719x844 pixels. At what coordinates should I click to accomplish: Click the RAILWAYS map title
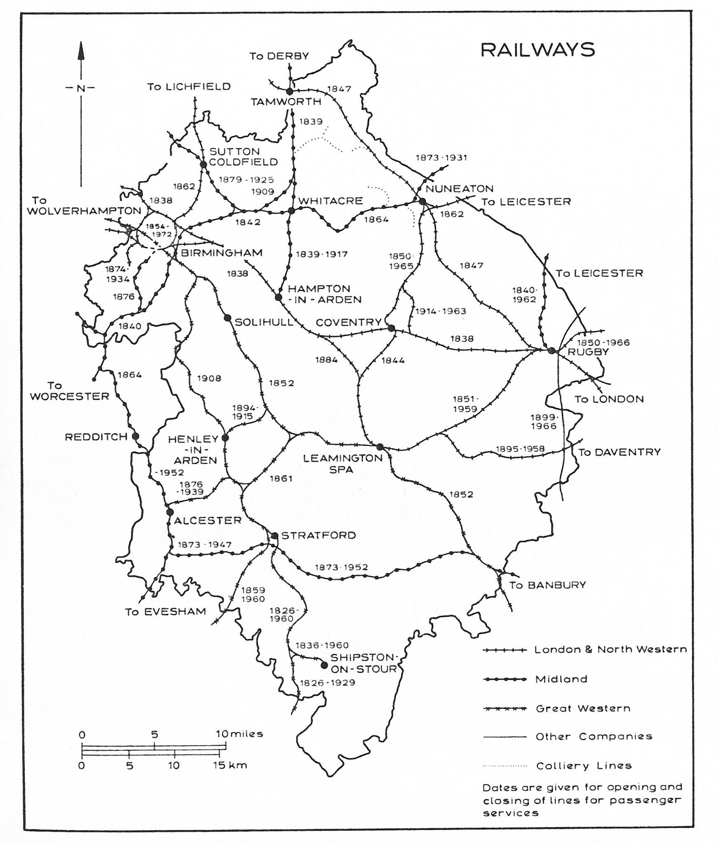point(538,50)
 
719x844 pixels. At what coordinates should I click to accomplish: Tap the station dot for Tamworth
point(289,91)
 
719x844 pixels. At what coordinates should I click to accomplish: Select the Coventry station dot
point(391,328)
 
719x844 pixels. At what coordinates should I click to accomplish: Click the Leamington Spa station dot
point(380,447)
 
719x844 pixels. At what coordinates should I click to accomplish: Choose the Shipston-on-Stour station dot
point(324,665)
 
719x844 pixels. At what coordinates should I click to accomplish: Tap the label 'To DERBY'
point(279,56)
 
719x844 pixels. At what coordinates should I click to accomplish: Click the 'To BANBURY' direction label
point(547,585)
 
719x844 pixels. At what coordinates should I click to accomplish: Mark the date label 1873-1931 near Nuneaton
point(441,157)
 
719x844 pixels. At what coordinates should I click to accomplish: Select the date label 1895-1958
point(520,449)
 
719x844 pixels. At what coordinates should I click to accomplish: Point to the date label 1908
point(209,378)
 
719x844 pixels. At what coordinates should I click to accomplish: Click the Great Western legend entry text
point(583,708)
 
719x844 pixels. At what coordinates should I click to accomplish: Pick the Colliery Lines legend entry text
point(584,766)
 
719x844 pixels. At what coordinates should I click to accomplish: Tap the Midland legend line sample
point(505,680)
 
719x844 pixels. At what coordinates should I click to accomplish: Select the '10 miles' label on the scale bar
point(239,734)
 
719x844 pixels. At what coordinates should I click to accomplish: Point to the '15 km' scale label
point(233,765)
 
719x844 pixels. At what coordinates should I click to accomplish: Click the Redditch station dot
point(135,436)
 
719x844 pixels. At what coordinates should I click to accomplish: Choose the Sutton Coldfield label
point(243,157)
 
